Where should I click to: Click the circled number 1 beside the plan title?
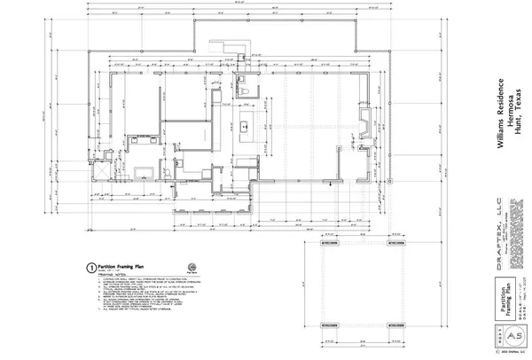tap(90, 266)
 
